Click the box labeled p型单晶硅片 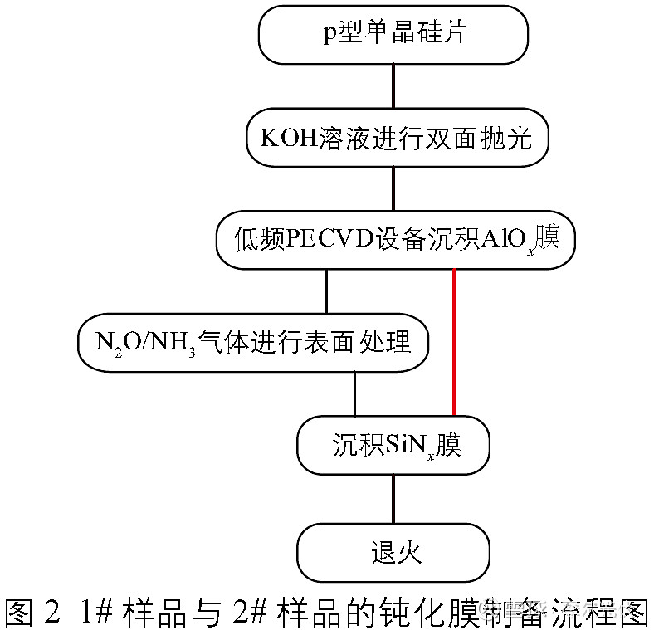point(393,34)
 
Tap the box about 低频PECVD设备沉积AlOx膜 point(395,241)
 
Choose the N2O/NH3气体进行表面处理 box point(253,341)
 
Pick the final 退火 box point(393,551)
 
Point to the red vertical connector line point(454,341)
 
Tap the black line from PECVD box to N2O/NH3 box point(325,291)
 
